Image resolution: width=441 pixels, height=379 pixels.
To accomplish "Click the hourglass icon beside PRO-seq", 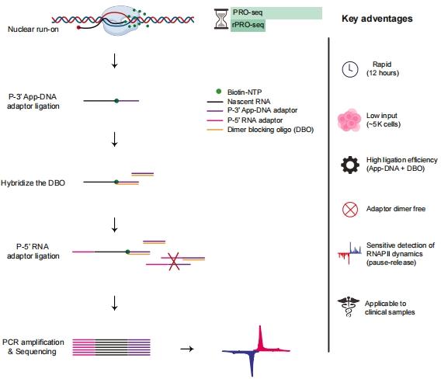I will [221, 19].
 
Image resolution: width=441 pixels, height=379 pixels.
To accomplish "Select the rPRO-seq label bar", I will [249, 26].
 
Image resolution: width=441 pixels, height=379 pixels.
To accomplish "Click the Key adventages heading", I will [377, 17].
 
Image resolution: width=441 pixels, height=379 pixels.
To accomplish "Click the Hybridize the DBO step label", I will [36, 183].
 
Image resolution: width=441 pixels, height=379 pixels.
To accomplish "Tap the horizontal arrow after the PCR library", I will [186, 349].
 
